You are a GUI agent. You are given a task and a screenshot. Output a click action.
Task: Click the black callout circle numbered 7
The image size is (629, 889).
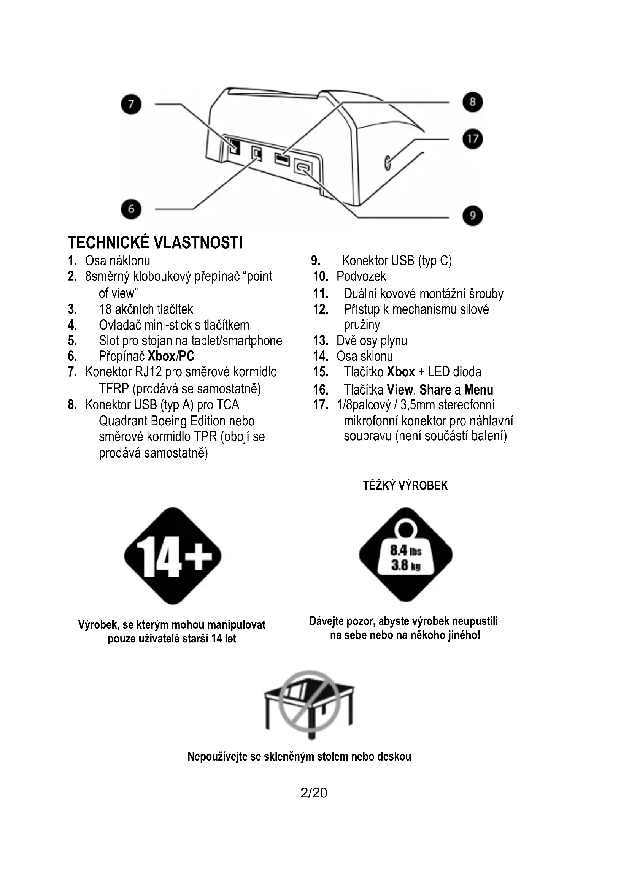(x=131, y=104)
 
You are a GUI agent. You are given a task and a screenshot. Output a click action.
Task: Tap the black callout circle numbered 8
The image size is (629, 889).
(x=473, y=102)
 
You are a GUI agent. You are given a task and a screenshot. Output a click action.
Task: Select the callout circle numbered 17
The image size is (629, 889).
(x=473, y=139)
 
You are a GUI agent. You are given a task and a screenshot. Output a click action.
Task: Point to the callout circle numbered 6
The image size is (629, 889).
(x=131, y=209)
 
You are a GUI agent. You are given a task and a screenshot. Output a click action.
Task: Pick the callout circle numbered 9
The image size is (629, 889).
(x=473, y=215)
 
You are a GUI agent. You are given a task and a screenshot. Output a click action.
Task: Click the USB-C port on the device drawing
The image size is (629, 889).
(x=303, y=167)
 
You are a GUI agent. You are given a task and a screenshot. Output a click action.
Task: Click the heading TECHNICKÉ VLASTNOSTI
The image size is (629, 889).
(x=155, y=243)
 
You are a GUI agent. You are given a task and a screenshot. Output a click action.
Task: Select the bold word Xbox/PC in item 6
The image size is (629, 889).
(x=171, y=356)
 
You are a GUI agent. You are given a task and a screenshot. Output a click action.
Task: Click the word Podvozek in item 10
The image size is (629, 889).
(x=361, y=276)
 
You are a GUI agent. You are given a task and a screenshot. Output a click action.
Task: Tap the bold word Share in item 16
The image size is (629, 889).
(x=435, y=390)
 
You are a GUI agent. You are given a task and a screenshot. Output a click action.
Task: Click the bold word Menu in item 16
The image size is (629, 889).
(x=479, y=390)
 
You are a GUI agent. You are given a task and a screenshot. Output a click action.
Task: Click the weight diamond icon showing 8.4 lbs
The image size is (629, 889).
(x=405, y=555)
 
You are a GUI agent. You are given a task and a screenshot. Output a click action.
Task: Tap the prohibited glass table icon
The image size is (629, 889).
(x=309, y=704)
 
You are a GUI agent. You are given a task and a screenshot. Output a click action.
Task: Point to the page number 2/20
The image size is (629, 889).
(x=314, y=792)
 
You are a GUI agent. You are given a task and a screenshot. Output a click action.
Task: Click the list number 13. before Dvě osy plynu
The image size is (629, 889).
(x=321, y=341)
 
